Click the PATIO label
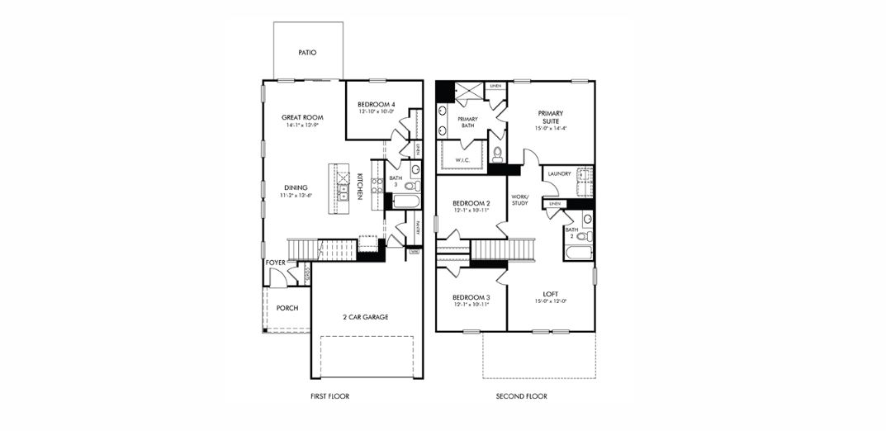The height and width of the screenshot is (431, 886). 307,53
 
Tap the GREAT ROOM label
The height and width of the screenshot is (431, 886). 301,118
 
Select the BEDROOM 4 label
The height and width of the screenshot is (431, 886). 376,105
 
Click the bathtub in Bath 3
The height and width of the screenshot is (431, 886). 406,201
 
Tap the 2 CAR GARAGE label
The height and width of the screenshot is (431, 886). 365,317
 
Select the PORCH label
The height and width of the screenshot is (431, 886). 287,309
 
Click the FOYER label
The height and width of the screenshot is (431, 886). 275,263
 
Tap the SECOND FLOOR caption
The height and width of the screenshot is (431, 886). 521,396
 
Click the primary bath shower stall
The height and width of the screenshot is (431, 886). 467,91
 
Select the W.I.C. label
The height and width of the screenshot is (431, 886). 462,160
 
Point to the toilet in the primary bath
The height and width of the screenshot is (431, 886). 497,154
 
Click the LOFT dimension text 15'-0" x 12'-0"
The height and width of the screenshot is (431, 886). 550,301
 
